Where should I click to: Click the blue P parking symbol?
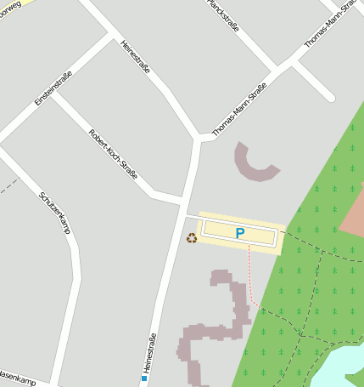tap(239, 233)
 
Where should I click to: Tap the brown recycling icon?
tap(192, 238)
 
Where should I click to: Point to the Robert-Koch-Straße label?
tap(113, 159)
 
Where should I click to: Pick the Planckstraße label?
tap(223, 14)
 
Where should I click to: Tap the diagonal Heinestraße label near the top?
tap(136, 57)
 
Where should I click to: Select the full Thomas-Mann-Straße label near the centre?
tap(240, 110)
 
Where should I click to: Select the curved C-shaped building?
tap(253, 163)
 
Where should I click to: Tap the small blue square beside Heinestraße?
tap(145, 378)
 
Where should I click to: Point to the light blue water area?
tap(343, 367)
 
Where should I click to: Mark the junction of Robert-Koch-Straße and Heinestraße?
tap(183, 202)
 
